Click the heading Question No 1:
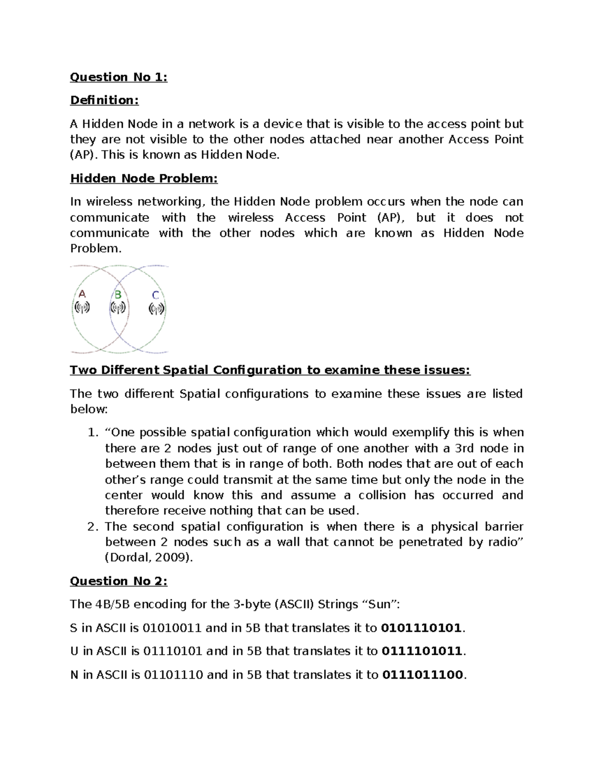tap(119, 77)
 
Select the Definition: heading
tap(104, 101)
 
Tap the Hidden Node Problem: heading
tap(144, 178)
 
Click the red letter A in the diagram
tap(82, 294)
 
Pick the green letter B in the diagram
tap(118, 295)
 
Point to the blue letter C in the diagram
tap(155, 296)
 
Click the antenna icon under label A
tap(82, 308)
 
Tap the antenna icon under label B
tap(118, 308)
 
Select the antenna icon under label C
tap(156, 309)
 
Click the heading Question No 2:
tap(119, 581)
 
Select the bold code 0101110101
tap(422, 628)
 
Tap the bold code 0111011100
tap(422, 674)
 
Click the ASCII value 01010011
tap(172, 628)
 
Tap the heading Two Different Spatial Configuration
tap(270, 370)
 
